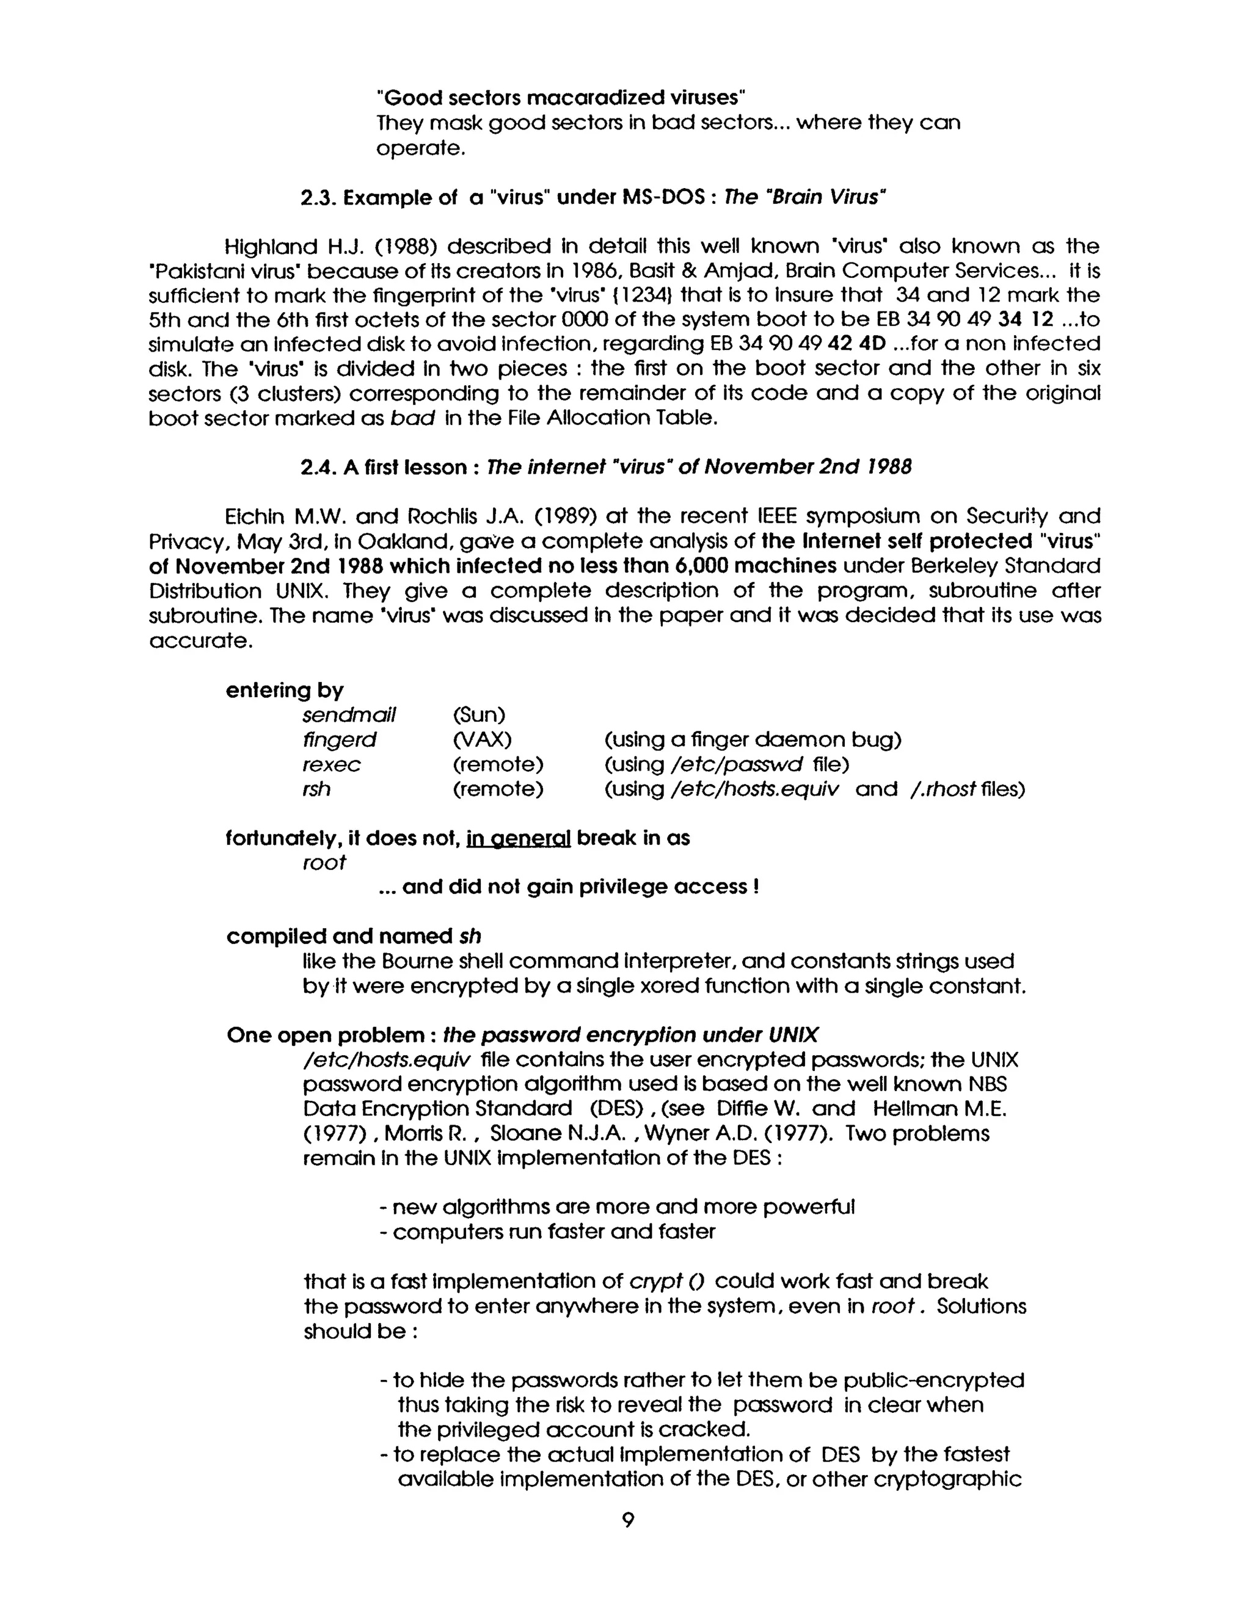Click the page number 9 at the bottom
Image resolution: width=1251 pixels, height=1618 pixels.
pyautogui.click(x=628, y=1521)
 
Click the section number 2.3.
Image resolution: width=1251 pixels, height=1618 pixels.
pyautogui.click(x=319, y=198)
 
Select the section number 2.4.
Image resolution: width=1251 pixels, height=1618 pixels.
pyautogui.click(x=319, y=468)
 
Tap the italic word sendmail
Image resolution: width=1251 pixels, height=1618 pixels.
pyautogui.click(x=349, y=715)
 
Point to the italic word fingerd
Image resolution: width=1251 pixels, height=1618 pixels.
pyautogui.click(x=340, y=739)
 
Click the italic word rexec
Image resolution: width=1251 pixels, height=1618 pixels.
pyautogui.click(x=331, y=764)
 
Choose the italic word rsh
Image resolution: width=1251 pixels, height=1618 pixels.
pyautogui.click(x=316, y=789)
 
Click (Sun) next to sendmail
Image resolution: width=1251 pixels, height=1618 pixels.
pyautogui.click(x=479, y=715)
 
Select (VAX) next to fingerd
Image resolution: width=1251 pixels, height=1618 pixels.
pyautogui.click(x=482, y=739)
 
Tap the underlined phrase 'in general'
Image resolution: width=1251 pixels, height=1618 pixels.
pyautogui.click(x=518, y=838)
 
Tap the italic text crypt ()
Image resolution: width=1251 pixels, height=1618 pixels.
pyautogui.click(x=666, y=1281)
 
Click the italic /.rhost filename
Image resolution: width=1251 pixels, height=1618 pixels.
pyautogui.click(x=942, y=789)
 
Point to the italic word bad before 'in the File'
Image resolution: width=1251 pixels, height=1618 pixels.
pyautogui.click(x=412, y=419)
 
